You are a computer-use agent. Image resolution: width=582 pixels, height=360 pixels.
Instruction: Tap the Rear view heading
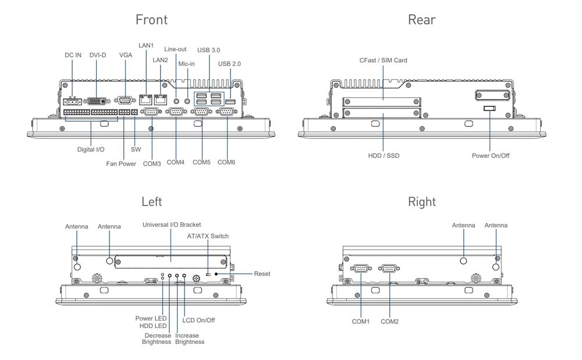421,20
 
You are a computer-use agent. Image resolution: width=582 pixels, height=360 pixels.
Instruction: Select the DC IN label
73,55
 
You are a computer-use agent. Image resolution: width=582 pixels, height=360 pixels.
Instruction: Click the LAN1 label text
146,45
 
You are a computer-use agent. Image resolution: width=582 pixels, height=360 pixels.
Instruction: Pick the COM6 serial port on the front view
226,113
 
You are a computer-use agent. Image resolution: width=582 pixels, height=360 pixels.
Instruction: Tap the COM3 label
152,164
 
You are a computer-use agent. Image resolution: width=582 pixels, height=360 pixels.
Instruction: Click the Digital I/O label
91,149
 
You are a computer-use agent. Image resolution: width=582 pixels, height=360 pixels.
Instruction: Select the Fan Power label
121,164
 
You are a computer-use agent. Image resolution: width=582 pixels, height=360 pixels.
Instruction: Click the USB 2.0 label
229,64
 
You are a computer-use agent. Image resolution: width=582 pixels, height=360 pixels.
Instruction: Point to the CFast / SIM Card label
383,60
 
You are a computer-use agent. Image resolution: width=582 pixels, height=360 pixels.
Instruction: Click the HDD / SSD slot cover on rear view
382,113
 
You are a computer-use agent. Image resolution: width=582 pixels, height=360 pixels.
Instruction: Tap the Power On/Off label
490,156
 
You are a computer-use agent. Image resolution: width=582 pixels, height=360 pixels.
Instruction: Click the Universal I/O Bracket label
171,224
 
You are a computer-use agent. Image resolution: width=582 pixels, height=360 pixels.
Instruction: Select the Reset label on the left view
262,274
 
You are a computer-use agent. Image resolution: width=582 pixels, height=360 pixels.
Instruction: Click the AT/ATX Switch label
208,236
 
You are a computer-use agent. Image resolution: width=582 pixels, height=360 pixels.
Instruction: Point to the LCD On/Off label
198,320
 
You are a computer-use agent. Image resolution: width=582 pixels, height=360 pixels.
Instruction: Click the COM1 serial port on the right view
361,269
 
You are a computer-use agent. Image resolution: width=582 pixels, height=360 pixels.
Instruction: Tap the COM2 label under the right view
389,322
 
